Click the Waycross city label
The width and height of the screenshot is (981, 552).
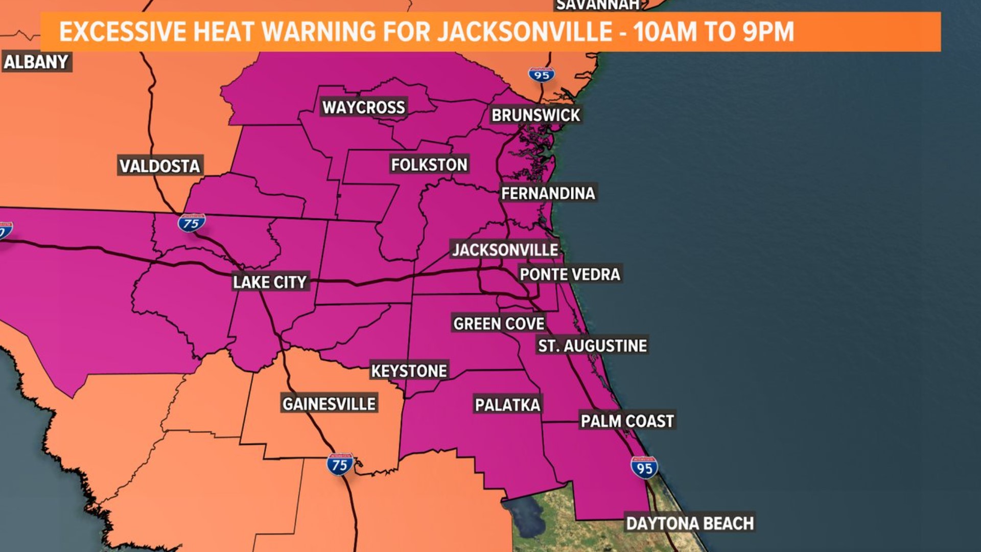[x=363, y=107]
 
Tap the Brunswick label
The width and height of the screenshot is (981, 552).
[x=535, y=115]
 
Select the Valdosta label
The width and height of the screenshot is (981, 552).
[x=159, y=166]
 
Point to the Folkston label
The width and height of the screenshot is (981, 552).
[x=429, y=165]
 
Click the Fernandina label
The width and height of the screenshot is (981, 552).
[x=548, y=193]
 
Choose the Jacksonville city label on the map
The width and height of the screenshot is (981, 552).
[x=505, y=250]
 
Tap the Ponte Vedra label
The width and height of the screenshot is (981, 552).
[x=570, y=274]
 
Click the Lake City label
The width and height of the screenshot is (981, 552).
[x=270, y=282]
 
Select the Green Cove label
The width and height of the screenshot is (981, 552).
[x=499, y=324]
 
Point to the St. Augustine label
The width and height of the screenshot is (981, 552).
[x=592, y=346]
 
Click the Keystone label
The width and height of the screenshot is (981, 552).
[x=409, y=371]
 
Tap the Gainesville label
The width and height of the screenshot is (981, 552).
[x=329, y=404]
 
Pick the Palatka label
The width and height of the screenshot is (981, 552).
[x=507, y=405]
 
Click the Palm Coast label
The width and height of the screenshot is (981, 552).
[x=627, y=421]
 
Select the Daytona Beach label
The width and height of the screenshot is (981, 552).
[x=690, y=523]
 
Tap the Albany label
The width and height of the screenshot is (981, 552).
[x=36, y=62]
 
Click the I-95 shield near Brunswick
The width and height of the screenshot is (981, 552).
[x=542, y=75]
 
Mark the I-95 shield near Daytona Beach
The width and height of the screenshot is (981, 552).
[x=644, y=468]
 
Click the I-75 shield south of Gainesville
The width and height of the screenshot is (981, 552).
[x=340, y=465]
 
